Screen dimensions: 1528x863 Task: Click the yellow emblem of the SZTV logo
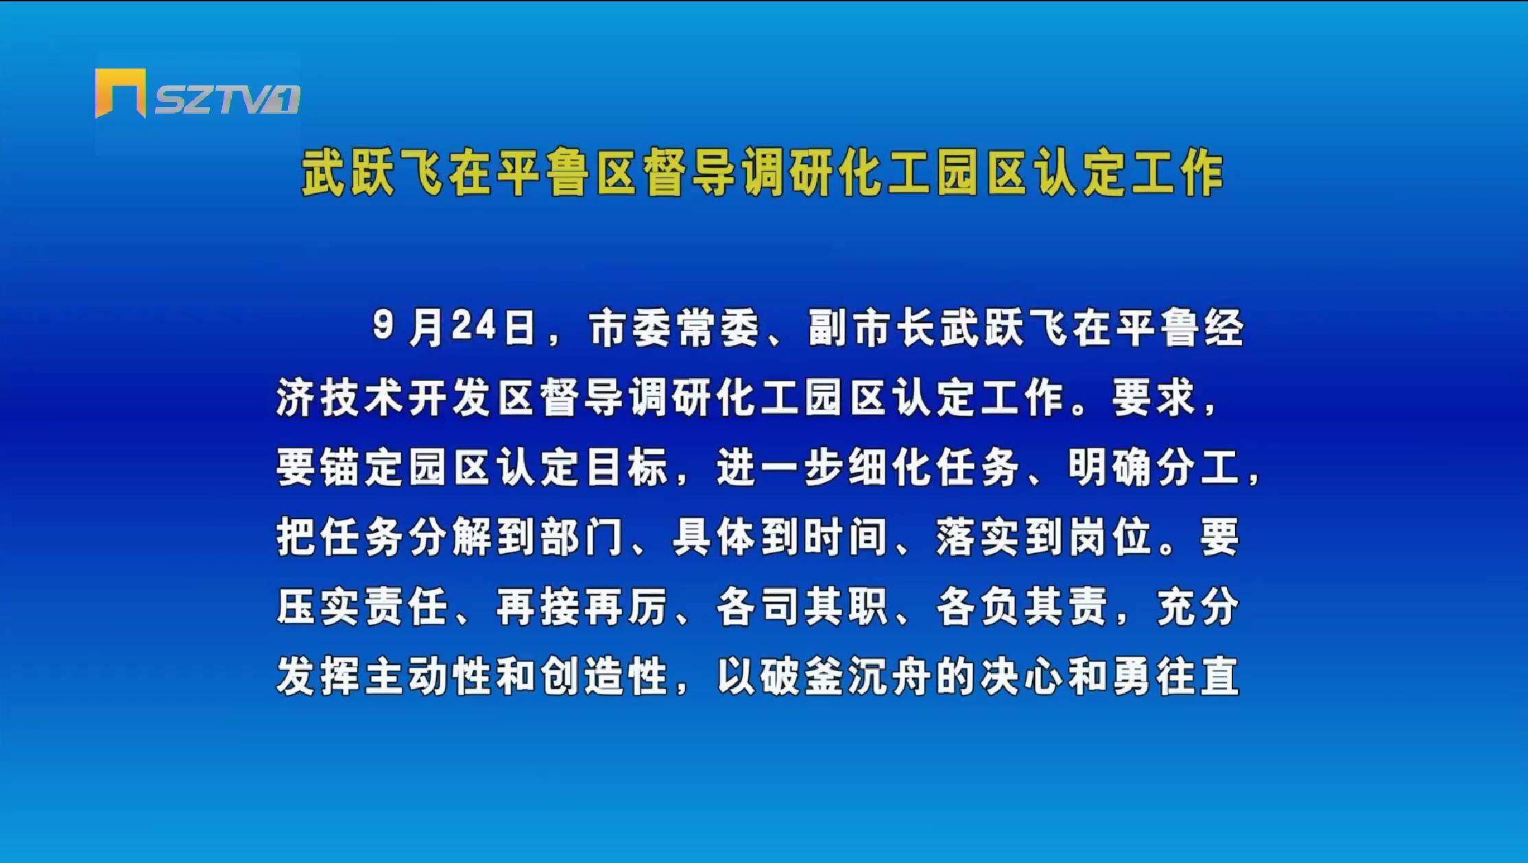click(120, 93)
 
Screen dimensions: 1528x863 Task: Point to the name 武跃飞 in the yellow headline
click(371, 173)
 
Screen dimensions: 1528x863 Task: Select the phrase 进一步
click(780, 467)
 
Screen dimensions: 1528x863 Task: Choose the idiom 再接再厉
click(582, 607)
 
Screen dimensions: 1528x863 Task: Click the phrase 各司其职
click(802, 607)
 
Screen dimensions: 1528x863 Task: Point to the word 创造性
click(604, 677)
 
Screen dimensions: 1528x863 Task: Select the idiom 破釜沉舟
click(846, 677)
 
